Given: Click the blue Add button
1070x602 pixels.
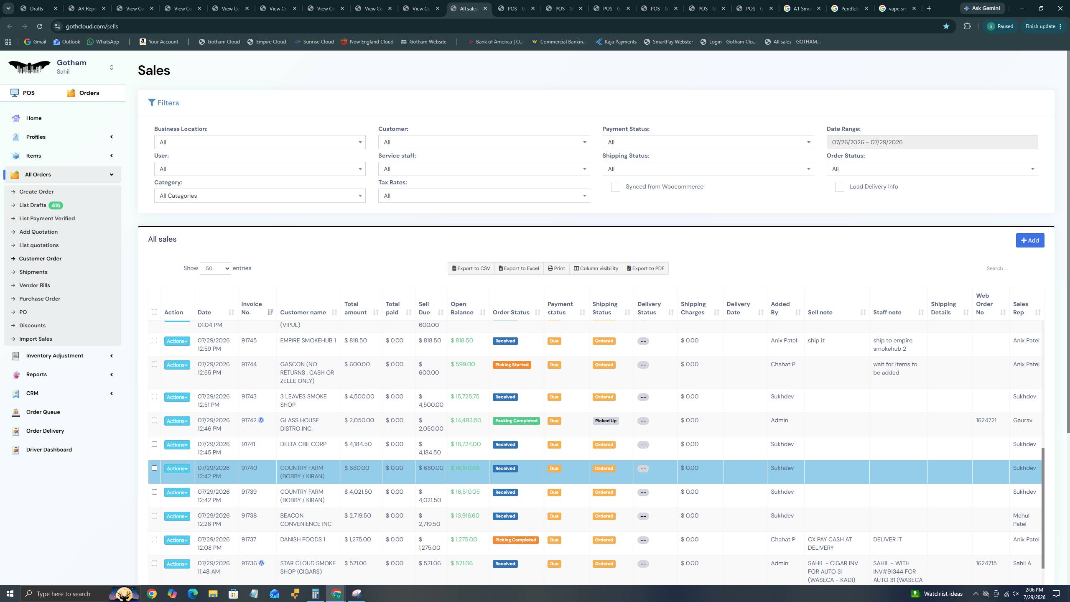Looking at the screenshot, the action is pyautogui.click(x=1030, y=240).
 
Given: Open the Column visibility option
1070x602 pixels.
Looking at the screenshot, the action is pyautogui.click(x=596, y=268).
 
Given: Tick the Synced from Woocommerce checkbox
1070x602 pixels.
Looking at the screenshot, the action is pyautogui.click(x=615, y=187).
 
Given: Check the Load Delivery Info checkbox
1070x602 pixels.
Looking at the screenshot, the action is pyautogui.click(x=839, y=187).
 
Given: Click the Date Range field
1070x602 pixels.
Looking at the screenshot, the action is pyautogui.click(x=932, y=142).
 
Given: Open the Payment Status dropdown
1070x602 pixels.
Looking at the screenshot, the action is pyautogui.click(x=708, y=142).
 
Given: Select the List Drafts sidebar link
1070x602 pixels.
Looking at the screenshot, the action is pyautogui.click(x=33, y=205).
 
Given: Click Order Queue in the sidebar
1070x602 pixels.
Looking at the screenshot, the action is pyautogui.click(x=43, y=412).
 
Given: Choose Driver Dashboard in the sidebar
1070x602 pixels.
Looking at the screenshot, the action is pyautogui.click(x=49, y=450).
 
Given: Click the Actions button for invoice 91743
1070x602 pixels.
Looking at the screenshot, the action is pyautogui.click(x=177, y=397).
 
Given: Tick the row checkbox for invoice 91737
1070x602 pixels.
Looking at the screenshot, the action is pyautogui.click(x=154, y=540).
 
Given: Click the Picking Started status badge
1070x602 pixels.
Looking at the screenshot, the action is pyautogui.click(x=512, y=365).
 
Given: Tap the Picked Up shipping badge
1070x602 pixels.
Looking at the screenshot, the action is pyautogui.click(x=606, y=421).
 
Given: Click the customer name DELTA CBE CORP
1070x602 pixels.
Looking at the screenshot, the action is pyautogui.click(x=303, y=444).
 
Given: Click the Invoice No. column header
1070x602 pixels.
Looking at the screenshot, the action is pyautogui.click(x=252, y=308).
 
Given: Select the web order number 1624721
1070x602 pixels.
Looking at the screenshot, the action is pyautogui.click(x=986, y=421).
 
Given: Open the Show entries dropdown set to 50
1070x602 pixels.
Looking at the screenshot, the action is pyautogui.click(x=215, y=268).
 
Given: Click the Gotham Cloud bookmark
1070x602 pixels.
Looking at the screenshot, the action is pyautogui.click(x=219, y=42).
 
